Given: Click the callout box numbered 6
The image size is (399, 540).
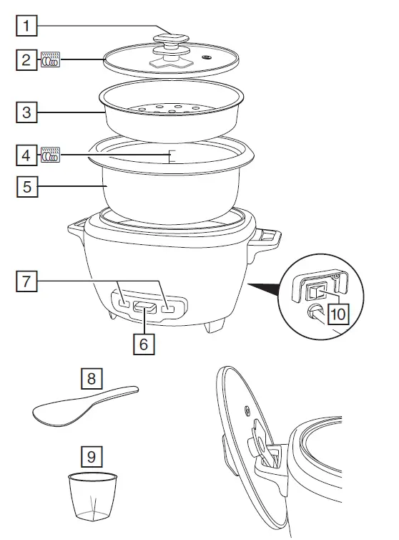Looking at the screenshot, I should (x=144, y=343).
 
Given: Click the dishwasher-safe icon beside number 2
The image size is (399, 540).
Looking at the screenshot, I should (x=51, y=59).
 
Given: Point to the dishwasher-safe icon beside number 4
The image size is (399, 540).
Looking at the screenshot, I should (x=51, y=154).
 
